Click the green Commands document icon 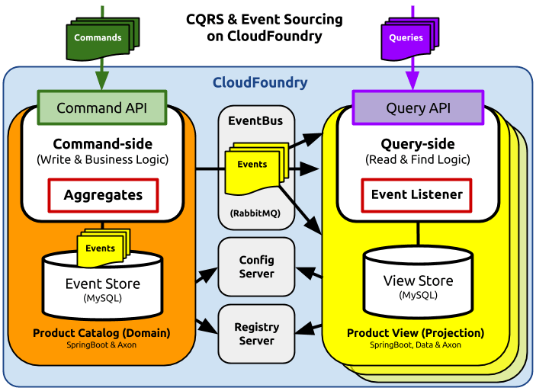coord(97,37)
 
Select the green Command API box coord(101,107)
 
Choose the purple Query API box coord(417,107)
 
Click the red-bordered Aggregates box coord(103,195)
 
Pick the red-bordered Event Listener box coord(416,194)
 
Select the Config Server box coord(256,267)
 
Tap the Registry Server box coord(256,334)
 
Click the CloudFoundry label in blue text coord(259,82)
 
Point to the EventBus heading coord(255,120)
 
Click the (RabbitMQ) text coord(255,215)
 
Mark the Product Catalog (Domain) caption coord(101,333)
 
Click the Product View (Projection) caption coord(416,333)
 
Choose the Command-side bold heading coord(102,144)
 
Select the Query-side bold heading coord(417,144)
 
